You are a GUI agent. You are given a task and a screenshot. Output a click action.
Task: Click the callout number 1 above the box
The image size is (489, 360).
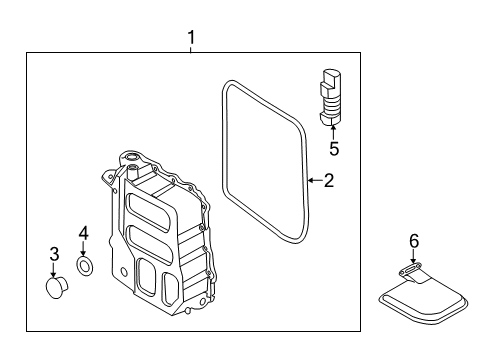(191, 38)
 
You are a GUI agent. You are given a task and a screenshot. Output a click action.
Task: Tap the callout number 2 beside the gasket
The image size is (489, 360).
(329, 180)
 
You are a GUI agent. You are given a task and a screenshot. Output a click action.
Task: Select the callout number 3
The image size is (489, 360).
(54, 254)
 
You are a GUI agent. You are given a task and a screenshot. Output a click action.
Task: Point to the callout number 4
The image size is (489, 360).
(83, 233)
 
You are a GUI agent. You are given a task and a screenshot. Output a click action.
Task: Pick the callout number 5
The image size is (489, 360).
(334, 149)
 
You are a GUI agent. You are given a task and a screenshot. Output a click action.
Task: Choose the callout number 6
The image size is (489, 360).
(414, 241)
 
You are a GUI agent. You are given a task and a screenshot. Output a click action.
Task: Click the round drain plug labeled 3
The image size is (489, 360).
(56, 288)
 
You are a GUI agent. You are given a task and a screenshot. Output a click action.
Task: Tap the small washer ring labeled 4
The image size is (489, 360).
(85, 266)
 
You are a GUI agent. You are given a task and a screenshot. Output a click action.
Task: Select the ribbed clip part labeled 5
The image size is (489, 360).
(330, 97)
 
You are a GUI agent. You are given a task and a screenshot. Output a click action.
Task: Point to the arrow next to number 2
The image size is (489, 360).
(315, 180)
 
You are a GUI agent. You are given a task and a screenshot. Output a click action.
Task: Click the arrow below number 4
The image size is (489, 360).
(83, 249)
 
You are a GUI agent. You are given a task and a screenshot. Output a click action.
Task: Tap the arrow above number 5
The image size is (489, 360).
(333, 132)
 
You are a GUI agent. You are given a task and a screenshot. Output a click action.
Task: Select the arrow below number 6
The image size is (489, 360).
(413, 257)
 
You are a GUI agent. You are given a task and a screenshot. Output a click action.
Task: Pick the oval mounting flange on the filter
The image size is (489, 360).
(410, 269)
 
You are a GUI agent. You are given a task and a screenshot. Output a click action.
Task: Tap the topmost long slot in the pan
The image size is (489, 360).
(148, 212)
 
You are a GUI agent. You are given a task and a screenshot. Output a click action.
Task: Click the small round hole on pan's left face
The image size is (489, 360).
(124, 272)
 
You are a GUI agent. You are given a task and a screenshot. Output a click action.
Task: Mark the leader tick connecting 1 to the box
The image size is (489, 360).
(191, 50)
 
